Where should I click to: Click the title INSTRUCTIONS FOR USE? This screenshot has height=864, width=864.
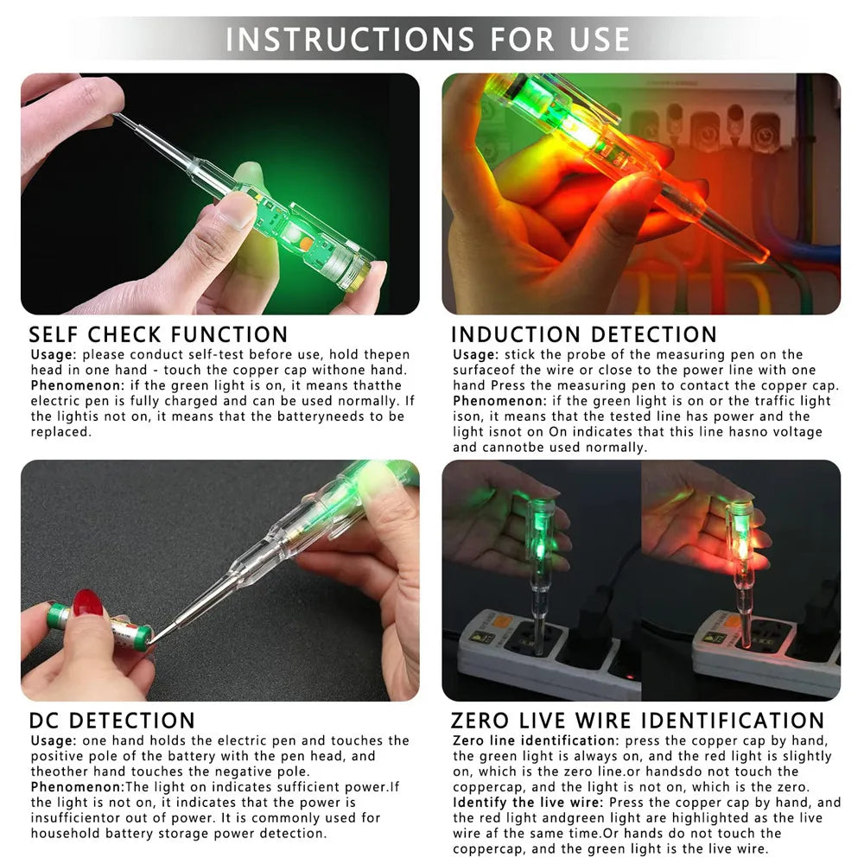click(x=429, y=40)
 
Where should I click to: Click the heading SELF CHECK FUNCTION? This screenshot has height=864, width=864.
click(x=158, y=334)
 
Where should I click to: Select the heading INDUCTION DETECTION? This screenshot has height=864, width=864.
click(x=584, y=334)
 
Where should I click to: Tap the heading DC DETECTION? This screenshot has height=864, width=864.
click(x=112, y=721)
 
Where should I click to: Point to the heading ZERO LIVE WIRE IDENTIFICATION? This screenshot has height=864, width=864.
click(x=638, y=721)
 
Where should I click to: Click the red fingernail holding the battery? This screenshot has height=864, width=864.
click(x=88, y=603)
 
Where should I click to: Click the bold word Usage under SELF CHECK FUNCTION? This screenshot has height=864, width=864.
click(x=53, y=354)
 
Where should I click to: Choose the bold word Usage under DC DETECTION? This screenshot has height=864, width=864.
click(x=53, y=740)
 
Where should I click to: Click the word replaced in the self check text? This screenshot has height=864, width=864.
click(x=60, y=432)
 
